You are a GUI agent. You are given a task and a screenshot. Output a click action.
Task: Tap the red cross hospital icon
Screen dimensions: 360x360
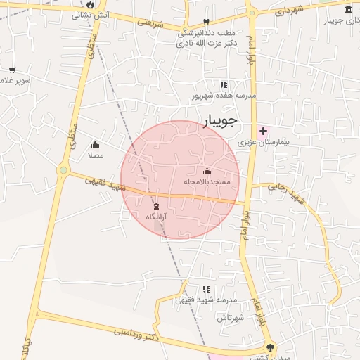(263, 131)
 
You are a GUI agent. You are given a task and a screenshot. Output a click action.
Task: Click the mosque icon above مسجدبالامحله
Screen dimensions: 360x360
(207, 171)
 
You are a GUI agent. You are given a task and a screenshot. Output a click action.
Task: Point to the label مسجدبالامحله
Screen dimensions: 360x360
(207, 181)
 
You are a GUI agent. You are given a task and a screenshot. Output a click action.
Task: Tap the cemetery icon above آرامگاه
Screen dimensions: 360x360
(156, 206)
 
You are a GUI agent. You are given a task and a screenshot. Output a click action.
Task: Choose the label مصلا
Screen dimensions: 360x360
(96, 155)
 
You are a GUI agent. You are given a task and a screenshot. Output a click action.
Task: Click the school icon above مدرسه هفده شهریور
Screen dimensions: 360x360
(224, 85)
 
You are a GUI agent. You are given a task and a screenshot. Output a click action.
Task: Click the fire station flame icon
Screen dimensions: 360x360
(91, 4)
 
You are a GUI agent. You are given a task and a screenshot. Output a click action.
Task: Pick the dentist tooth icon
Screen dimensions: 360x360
(206, 22)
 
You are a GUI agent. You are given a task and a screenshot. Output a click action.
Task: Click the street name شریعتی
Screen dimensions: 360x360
(150, 25)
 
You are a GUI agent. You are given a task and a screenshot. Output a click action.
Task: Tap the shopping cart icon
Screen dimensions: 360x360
(12, 70)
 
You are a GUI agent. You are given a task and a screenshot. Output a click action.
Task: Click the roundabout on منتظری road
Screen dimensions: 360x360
(63, 169)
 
